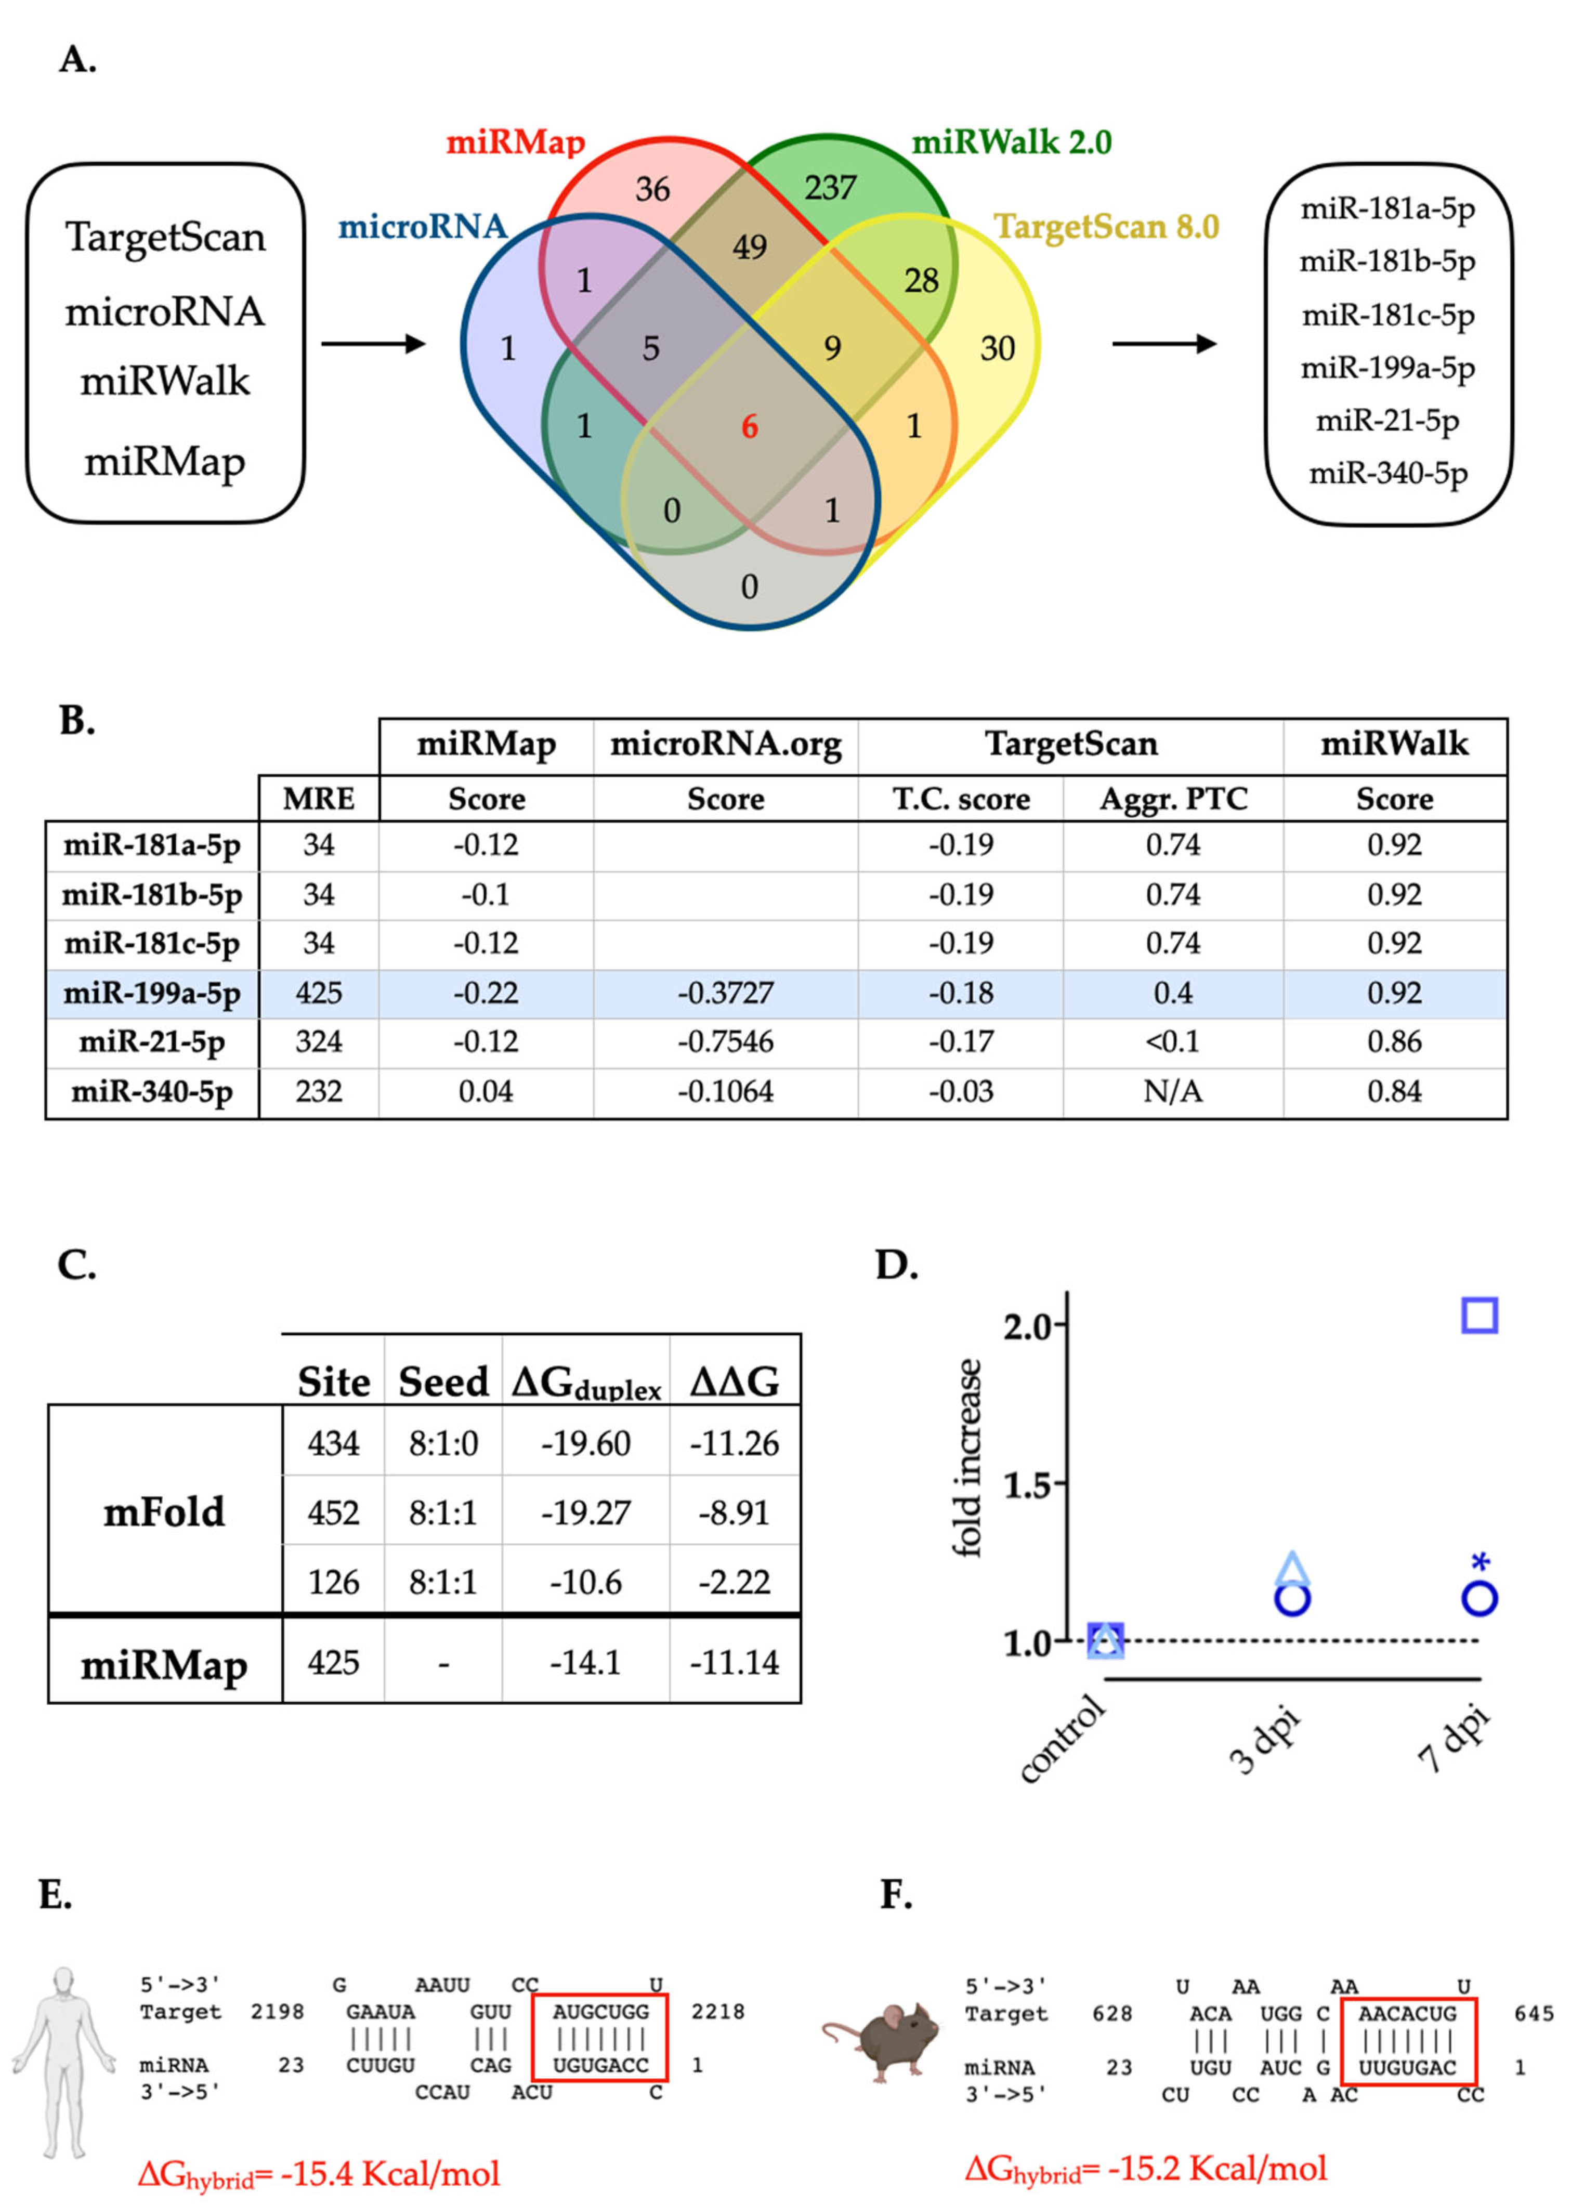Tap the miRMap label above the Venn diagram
[x=516, y=143]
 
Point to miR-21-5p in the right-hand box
[x=1387, y=420]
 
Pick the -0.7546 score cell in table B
[x=726, y=1042]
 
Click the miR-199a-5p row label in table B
[x=152, y=994]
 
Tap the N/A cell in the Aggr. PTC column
[x=1172, y=1091]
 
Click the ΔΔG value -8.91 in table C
[x=734, y=1511]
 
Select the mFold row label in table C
[x=164, y=1511]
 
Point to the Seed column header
[x=443, y=1380]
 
